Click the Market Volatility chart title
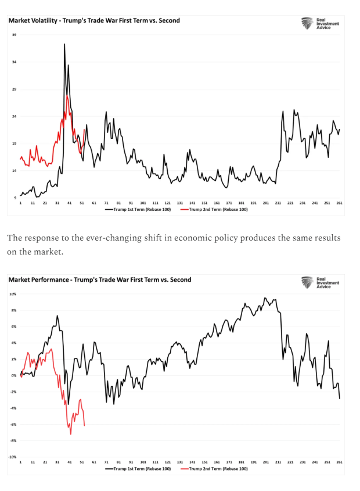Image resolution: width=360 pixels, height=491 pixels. pyautogui.click(x=94, y=20)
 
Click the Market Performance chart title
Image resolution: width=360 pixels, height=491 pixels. pyautogui.click(x=99, y=279)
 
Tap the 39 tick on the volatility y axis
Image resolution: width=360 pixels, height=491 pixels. pyautogui.click(x=14, y=35)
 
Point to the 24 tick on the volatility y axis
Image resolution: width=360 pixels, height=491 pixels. pyautogui.click(x=14, y=116)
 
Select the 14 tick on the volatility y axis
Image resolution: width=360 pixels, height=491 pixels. pyautogui.click(x=14, y=170)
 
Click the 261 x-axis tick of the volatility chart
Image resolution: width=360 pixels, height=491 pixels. pyautogui.click(x=339, y=203)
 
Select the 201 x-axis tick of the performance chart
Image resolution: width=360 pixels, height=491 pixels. pyautogui.click(x=266, y=463)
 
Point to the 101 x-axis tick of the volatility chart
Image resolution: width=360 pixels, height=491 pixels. pyautogui.click(x=143, y=203)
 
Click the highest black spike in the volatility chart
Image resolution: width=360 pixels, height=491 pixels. pyautogui.click(x=64, y=44)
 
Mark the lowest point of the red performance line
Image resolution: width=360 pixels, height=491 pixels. pyautogui.click(x=71, y=434)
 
